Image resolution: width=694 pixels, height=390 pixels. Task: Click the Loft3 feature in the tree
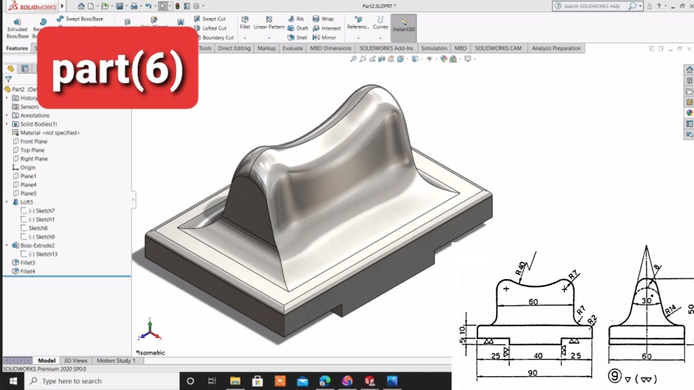26,202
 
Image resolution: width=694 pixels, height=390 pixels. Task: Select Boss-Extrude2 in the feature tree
37,245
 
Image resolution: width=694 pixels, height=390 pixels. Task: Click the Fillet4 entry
27,271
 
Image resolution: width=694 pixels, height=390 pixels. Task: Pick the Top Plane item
32,150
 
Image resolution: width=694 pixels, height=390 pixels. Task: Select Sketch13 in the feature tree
46,254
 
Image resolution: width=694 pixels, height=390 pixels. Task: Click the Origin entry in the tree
27,167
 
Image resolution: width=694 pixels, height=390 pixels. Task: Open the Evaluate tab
292,48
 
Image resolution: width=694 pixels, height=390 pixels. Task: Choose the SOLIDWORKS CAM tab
498,48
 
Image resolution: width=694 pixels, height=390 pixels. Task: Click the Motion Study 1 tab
115,361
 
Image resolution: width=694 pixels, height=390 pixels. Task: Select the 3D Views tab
75,361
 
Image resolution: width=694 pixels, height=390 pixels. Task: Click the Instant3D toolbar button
403,25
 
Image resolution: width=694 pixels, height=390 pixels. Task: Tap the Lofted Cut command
214,28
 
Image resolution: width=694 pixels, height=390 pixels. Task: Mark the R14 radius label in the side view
670,310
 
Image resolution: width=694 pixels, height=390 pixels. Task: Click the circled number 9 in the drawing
614,376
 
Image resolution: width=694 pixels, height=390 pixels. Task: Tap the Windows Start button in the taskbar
12,381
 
